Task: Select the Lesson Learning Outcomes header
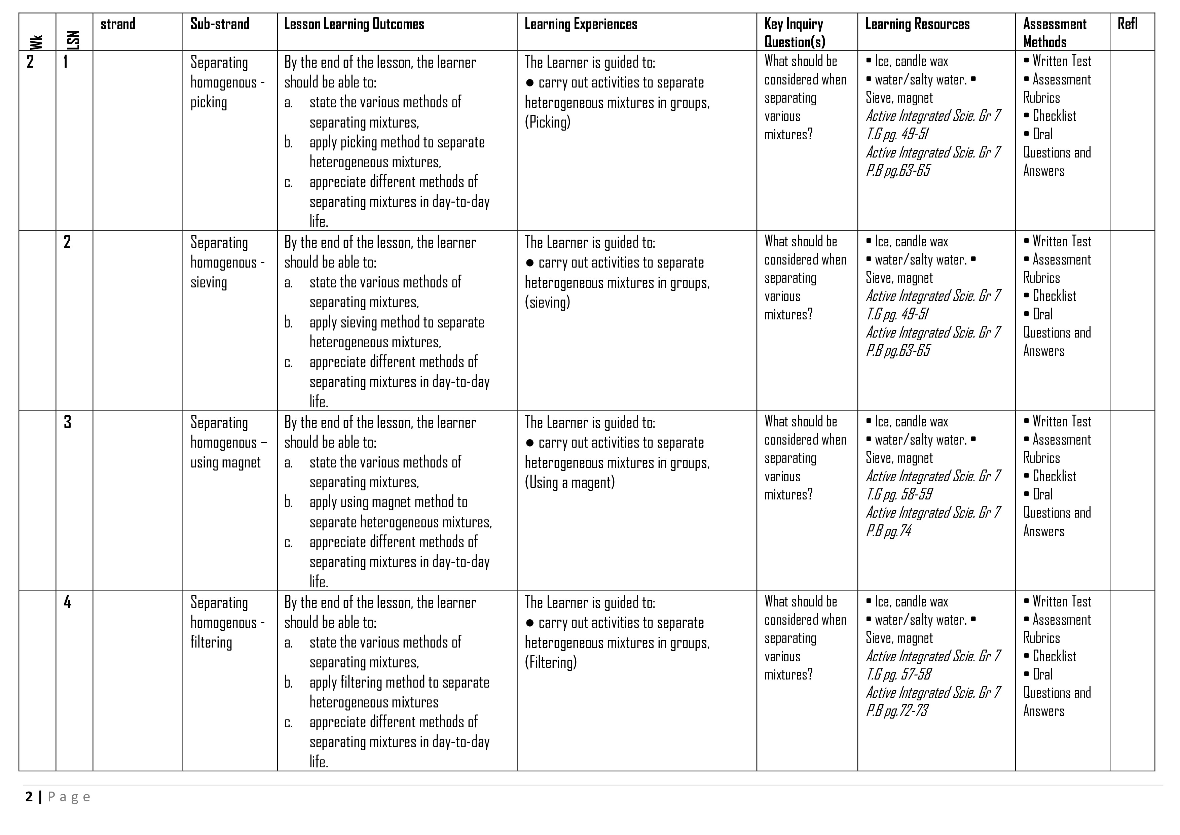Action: (354, 24)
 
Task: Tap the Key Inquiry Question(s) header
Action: (795, 32)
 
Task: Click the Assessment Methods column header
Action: (1054, 32)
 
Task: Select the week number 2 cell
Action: (30, 62)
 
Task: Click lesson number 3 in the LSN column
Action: (67, 422)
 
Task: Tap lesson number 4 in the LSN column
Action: (67, 602)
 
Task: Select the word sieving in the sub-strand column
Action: (209, 282)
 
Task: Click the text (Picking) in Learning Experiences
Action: (547, 123)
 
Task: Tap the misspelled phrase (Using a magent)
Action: (569, 482)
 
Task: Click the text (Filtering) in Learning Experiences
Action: (550, 662)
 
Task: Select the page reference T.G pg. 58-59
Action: (899, 494)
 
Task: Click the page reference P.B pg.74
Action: (889, 531)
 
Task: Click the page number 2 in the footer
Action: (29, 797)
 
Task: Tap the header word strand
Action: (118, 24)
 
